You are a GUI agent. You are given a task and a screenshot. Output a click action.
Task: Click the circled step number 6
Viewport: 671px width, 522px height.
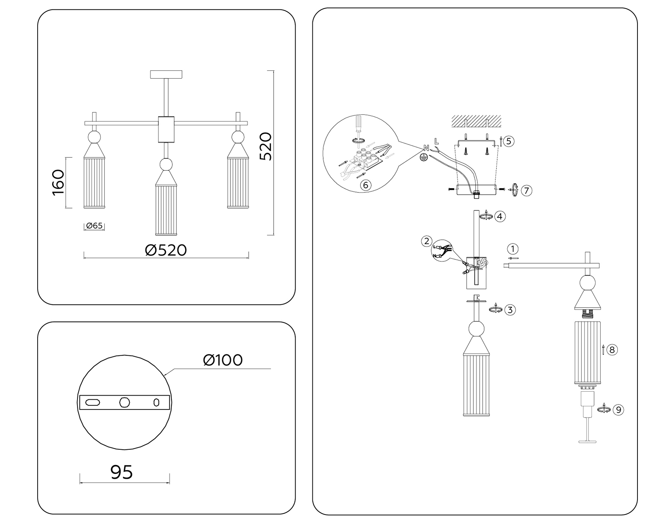365,185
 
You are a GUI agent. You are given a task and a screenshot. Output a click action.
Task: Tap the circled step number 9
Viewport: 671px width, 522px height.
618,410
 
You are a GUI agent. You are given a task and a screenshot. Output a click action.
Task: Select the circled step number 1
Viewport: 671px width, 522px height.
513,249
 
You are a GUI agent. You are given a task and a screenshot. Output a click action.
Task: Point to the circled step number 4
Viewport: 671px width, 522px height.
500,216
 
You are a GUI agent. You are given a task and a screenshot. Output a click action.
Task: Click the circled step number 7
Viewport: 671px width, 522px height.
526,191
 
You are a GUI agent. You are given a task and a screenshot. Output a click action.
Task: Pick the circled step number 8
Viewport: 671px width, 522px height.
612,350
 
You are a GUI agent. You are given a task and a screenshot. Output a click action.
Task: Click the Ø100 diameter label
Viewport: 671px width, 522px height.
223,360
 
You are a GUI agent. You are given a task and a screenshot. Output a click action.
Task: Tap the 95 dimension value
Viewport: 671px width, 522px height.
122,472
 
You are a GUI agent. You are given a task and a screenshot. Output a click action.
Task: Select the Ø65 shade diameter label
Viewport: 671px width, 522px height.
94,226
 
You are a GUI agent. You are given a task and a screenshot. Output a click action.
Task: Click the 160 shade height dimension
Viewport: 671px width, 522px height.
59,182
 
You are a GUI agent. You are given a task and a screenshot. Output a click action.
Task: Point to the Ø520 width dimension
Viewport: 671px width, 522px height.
166,250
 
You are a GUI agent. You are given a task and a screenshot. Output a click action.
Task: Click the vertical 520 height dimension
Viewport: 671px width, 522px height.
265,146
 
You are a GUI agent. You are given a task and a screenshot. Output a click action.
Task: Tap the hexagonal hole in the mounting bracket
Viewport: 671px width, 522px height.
125,402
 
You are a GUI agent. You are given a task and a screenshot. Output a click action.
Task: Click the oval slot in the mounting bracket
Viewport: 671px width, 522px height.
92,402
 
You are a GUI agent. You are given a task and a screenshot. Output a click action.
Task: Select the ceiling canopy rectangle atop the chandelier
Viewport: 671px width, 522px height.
166,74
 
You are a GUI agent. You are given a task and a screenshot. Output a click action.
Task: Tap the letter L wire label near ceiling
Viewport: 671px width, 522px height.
437,141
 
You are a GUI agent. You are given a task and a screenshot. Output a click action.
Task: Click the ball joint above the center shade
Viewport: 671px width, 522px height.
166,164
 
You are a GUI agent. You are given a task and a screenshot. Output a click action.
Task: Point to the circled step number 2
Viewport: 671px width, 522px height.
427,241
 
